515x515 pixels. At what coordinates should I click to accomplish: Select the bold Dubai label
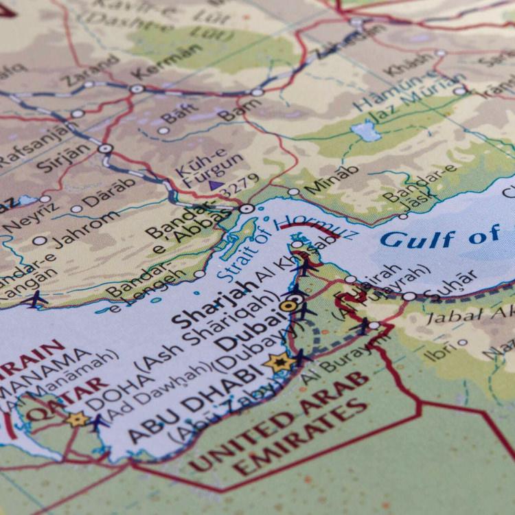245,332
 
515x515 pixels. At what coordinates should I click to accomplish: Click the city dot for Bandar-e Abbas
247,207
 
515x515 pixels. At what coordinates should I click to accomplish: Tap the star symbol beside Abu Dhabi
279,362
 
